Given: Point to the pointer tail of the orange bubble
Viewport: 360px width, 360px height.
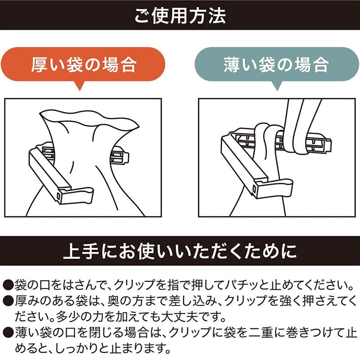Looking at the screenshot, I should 80,85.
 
